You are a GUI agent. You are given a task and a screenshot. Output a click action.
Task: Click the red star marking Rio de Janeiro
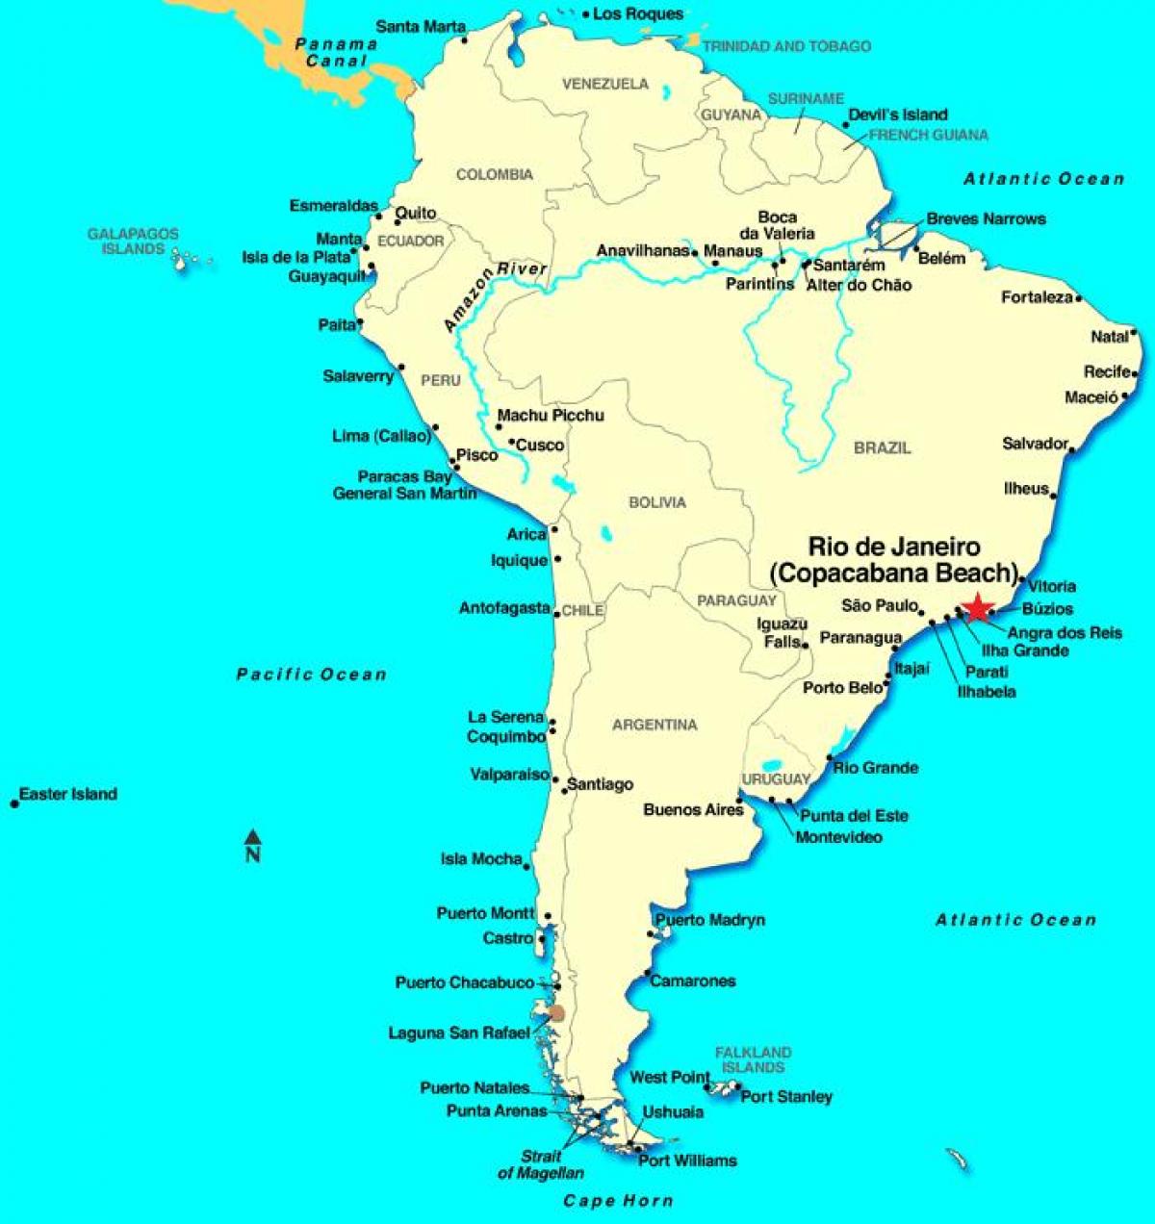coord(978,607)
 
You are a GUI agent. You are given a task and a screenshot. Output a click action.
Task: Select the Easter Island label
coord(68,794)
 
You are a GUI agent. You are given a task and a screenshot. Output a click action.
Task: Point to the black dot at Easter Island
coord(14,803)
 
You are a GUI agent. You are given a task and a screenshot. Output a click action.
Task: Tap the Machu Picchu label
coord(551,415)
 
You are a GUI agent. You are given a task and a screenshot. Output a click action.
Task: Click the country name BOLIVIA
coord(657,502)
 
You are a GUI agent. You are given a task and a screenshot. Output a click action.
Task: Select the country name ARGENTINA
coord(654,725)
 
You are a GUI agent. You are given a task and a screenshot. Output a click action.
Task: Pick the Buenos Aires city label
coord(693,810)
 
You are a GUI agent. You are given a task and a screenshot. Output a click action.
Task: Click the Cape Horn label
coord(618,1200)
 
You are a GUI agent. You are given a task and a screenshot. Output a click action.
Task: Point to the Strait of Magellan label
coord(541,1164)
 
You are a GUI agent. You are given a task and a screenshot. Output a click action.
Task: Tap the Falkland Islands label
coord(753,1059)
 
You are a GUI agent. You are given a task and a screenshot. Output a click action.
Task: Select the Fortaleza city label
coord(1037,297)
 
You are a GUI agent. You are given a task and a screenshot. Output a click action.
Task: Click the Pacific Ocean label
coord(312,675)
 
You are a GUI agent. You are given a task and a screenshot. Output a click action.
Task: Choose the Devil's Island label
coord(897,115)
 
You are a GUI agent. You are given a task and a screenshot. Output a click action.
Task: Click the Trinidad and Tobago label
coord(786,46)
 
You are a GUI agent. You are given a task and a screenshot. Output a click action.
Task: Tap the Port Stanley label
coord(786,1096)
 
